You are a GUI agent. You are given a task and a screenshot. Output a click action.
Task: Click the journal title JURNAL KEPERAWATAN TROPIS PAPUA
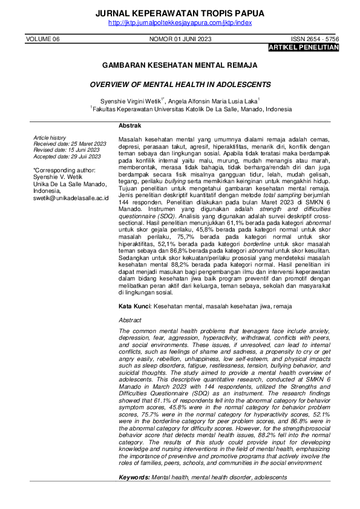coord(180,13)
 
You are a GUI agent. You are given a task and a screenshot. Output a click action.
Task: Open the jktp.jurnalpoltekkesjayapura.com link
coord(180,23)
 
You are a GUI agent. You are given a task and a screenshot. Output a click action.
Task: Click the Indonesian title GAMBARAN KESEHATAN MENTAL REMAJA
coord(180,64)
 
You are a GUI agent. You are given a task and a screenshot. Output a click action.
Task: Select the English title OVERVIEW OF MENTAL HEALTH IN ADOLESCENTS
coord(180,85)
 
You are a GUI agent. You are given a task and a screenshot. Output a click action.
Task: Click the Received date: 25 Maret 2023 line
coord(70,144)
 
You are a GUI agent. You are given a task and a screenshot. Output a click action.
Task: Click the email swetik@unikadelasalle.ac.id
coord(71,198)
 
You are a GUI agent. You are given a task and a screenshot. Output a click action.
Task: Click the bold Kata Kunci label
coord(134,306)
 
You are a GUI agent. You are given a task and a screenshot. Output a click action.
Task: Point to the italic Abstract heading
coord(130,320)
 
